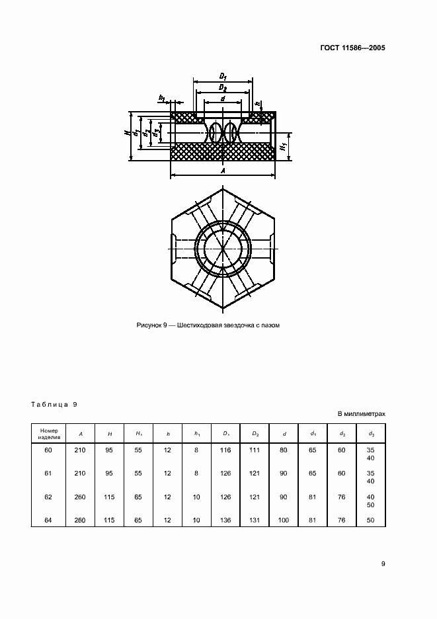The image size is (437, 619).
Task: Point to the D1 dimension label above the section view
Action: pos(223,77)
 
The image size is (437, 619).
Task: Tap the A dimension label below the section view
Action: pos(223,171)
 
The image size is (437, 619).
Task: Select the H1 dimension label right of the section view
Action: pos(284,145)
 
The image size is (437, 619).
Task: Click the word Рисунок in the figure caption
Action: pos(149,325)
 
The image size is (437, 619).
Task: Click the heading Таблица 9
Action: pos(54,403)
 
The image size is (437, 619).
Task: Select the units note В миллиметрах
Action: pos(361,414)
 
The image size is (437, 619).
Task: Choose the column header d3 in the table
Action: pos(371,433)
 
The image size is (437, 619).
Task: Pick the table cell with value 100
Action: pos(284,520)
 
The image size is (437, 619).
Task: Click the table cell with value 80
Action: pos(284,450)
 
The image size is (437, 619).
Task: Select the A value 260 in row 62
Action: pos(81,497)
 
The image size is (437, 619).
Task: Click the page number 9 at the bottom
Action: pos(383,563)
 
